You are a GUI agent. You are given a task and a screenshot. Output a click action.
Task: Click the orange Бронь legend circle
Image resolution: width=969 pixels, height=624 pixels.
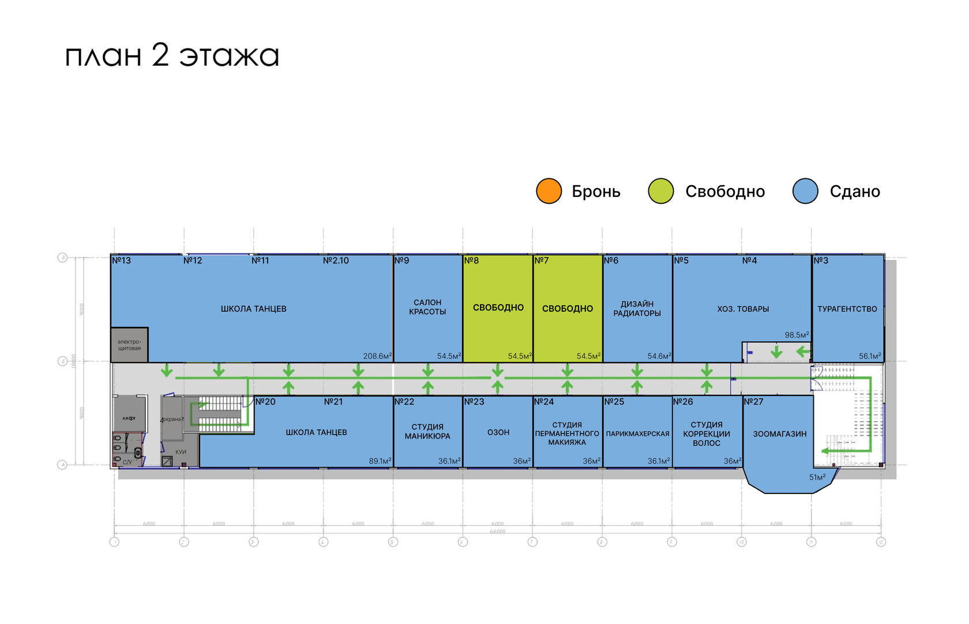click(549, 191)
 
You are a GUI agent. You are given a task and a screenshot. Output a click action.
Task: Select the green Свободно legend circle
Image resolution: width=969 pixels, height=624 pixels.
click(660, 191)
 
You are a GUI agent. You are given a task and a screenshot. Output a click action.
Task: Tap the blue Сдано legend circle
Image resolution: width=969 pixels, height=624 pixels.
click(805, 191)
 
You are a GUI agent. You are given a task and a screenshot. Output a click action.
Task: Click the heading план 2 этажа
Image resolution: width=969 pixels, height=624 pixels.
click(172, 56)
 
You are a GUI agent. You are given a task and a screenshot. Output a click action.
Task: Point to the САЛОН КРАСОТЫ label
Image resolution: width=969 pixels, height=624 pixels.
click(427, 307)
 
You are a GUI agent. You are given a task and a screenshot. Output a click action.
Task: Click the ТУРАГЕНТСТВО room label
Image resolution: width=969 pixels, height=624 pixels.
click(847, 309)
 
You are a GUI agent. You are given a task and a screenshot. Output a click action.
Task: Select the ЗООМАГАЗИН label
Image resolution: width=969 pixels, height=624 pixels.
click(779, 434)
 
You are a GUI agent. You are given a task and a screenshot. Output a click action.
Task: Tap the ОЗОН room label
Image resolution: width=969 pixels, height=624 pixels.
click(498, 432)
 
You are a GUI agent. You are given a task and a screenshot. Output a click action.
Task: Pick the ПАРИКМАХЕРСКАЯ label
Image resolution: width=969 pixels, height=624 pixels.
click(637, 434)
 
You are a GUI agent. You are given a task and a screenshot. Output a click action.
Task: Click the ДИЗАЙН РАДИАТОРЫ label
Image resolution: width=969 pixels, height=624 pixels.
click(637, 309)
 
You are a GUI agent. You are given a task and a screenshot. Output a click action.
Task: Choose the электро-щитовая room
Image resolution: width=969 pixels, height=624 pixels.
click(129, 345)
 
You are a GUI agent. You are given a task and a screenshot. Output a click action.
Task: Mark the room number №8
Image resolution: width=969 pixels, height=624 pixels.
click(471, 261)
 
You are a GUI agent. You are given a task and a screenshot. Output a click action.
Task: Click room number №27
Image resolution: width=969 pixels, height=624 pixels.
click(753, 402)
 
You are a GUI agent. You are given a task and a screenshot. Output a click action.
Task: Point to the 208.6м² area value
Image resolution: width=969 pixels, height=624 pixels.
click(377, 356)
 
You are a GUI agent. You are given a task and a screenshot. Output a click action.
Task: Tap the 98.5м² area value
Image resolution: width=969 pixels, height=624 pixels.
click(797, 335)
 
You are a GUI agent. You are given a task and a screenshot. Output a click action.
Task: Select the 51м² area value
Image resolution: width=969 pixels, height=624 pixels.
click(817, 477)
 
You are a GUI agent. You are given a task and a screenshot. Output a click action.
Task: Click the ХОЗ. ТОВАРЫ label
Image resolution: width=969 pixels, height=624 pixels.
click(743, 309)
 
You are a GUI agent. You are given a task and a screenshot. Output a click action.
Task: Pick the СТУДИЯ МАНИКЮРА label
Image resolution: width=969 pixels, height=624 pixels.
click(427, 432)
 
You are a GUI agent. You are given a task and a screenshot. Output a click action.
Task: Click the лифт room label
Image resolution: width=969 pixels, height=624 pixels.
click(129, 418)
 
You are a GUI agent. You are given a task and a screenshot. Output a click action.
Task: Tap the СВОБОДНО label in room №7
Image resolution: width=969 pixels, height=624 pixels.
click(568, 309)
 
